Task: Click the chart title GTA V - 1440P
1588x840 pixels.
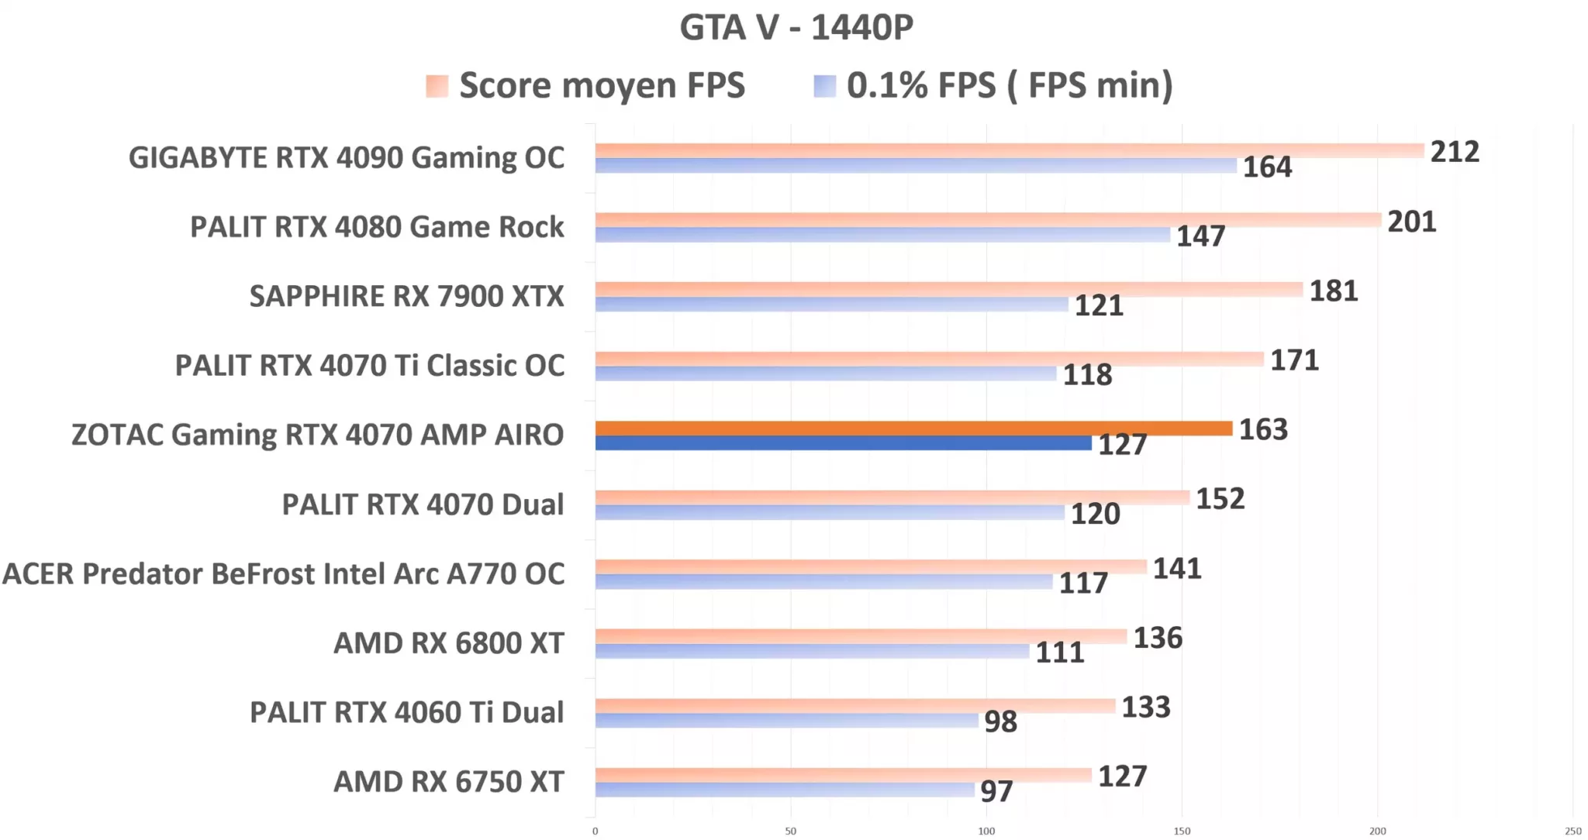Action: pos(796,28)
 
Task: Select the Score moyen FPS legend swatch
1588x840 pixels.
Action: pos(437,86)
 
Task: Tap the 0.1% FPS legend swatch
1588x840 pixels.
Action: pos(824,86)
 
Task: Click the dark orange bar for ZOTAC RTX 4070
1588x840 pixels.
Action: pos(913,429)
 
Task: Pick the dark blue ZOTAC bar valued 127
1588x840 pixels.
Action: pos(843,443)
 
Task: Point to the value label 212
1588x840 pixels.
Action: pos(1455,152)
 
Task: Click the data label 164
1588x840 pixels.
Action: pos(1267,167)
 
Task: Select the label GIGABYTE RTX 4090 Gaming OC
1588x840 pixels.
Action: pos(346,157)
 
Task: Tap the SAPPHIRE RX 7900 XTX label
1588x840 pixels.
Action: pos(406,296)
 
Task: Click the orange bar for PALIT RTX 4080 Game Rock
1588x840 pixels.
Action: pos(988,220)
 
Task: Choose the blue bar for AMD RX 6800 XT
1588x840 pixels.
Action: pos(812,652)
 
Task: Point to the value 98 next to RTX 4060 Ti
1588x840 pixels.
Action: pos(1000,721)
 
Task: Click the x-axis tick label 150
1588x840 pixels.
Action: pos(1182,831)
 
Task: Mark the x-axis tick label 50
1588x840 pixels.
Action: pos(790,831)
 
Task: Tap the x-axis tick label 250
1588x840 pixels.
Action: pos(1572,831)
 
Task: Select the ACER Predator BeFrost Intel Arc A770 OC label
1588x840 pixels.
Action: pos(284,573)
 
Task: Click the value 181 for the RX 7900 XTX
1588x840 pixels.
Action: pos(1334,291)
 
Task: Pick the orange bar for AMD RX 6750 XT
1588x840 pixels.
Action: pos(843,775)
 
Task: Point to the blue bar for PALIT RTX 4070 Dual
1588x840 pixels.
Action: pos(830,513)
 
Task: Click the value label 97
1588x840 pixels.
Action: pos(996,791)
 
